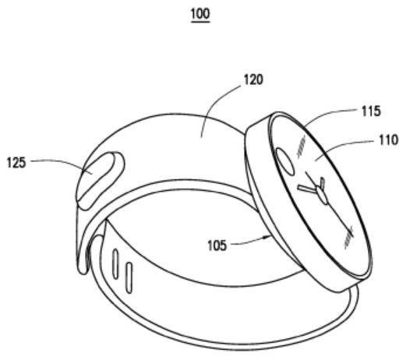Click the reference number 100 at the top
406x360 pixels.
coord(200,13)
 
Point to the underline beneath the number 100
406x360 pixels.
coord(200,22)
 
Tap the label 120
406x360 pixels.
coord(253,79)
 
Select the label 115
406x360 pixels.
coord(371,111)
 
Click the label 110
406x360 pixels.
coord(389,140)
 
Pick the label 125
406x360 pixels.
coord(16,163)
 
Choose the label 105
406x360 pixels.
coord(217,245)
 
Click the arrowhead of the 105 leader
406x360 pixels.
coord(269,237)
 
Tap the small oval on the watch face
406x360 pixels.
coord(284,161)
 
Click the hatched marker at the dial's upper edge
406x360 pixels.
coord(302,146)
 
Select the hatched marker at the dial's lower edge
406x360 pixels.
coord(348,237)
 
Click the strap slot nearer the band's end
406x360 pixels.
coord(115,263)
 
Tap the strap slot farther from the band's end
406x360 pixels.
coord(129,278)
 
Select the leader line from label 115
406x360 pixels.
coord(330,115)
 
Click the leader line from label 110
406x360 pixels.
coord(345,146)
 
